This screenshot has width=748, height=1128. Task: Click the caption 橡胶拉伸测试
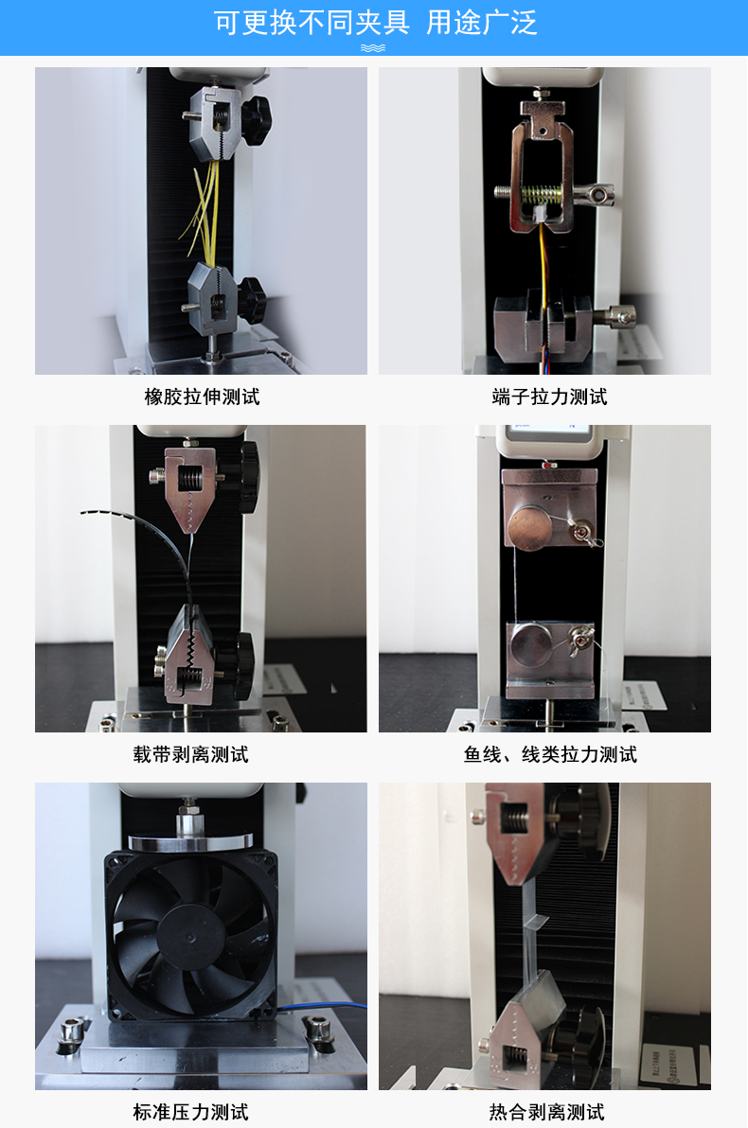click(x=202, y=397)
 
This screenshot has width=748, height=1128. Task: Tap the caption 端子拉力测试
click(x=549, y=397)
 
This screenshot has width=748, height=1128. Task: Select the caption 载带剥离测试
click(x=190, y=754)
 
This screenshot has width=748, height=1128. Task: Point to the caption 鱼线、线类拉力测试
click(x=551, y=754)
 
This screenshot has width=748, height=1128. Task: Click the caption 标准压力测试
click(x=190, y=1112)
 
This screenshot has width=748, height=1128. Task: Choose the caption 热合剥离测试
click(x=547, y=1112)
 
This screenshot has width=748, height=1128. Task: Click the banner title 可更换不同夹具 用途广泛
click(x=375, y=23)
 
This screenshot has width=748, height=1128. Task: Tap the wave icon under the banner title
click(x=373, y=48)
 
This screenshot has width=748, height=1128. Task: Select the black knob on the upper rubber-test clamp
click(x=256, y=113)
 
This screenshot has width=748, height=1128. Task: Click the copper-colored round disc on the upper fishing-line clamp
click(x=529, y=529)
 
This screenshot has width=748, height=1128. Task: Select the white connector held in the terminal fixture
click(x=539, y=213)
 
